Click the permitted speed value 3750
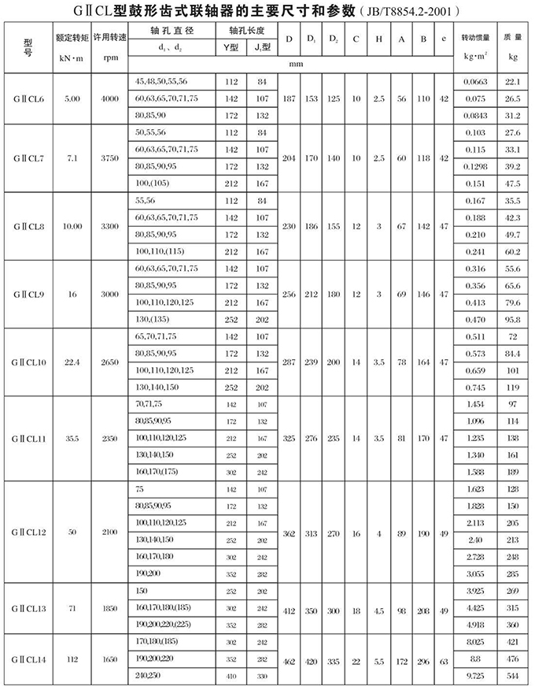click(109, 158)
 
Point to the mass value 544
click(513, 677)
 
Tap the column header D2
click(334, 39)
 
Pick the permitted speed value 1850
click(109, 609)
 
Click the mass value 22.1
click(513, 81)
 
